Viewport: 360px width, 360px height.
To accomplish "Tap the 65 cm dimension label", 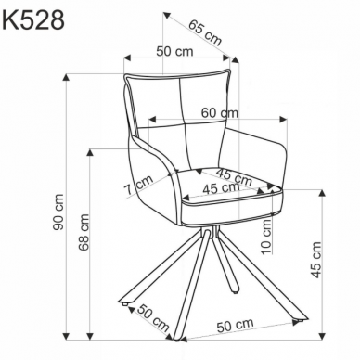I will coord(206,33).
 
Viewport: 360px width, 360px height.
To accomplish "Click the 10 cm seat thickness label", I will coord(266,234).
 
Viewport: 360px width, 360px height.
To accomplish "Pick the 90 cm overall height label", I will coord(58,212).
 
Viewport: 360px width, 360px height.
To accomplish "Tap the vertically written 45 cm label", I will coord(315,260).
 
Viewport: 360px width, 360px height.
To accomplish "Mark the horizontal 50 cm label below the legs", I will coord(235,324).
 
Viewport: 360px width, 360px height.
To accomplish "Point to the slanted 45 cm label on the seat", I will coord(233,174).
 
